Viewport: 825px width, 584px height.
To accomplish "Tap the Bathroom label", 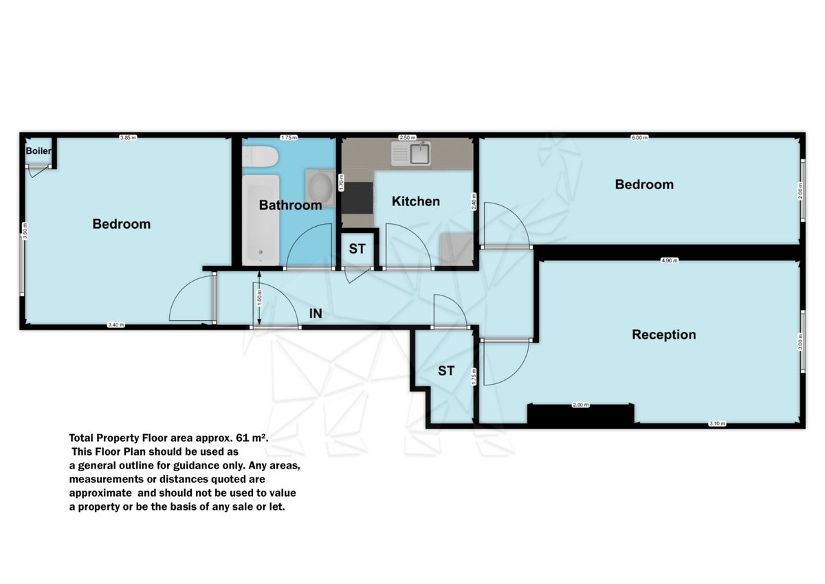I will pos(290,205).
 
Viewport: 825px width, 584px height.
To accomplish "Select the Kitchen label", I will pos(415,201).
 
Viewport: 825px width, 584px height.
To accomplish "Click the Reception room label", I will pos(663,335).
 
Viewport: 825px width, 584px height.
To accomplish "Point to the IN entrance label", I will pos(316,313).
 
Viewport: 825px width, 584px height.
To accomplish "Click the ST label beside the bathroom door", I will pos(357,249).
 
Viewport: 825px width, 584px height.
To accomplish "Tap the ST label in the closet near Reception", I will pos(446,371).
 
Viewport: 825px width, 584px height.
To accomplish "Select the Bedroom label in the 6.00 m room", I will pos(643,184).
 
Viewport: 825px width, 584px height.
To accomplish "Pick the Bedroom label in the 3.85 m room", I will pos(121,224).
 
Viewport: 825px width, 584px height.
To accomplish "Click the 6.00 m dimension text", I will pos(639,137).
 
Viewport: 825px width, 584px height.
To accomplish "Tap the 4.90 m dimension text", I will pos(669,261).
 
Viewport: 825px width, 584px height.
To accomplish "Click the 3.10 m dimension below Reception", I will pos(716,423).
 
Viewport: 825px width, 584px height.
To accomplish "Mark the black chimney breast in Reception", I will pos(580,415).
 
